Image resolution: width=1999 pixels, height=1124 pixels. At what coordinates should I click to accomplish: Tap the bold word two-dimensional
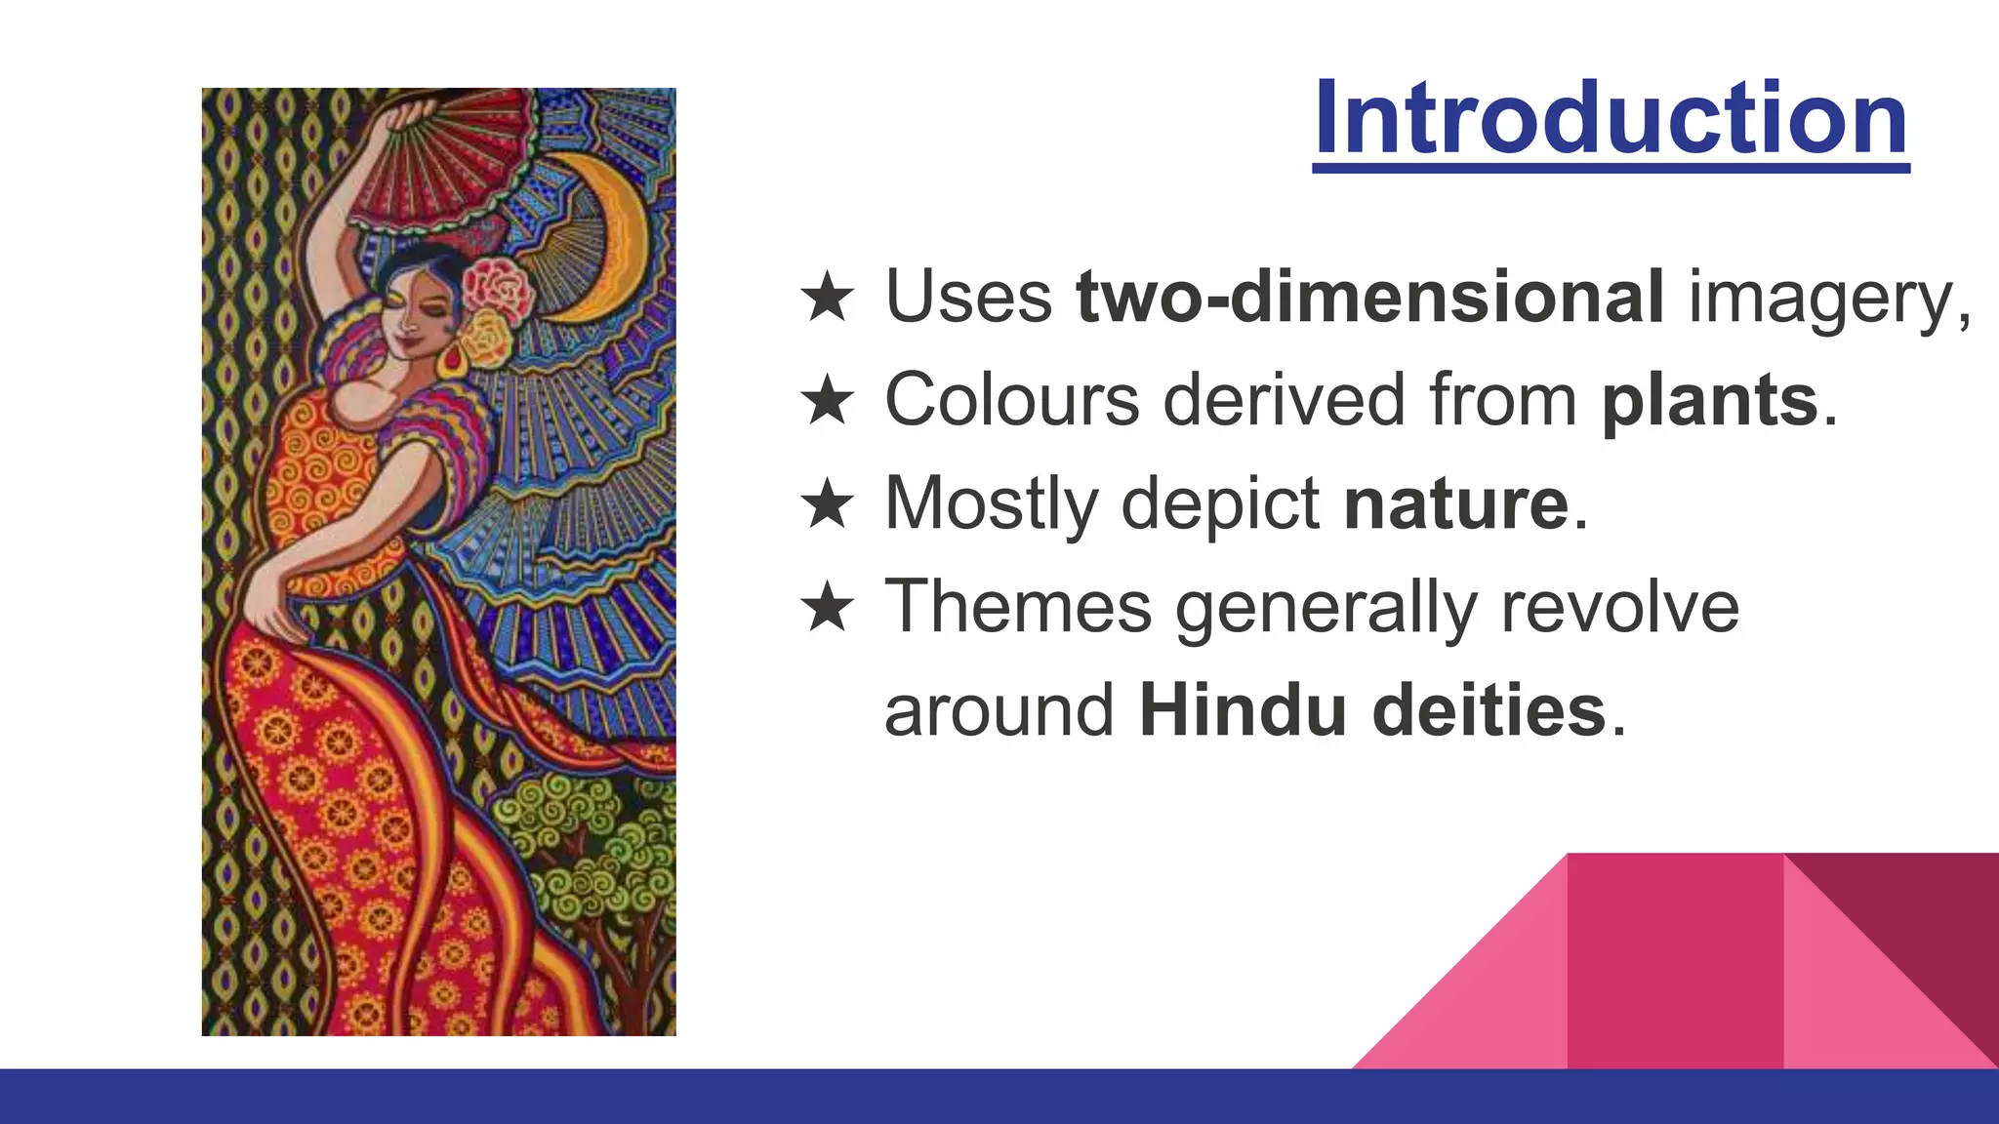coord(1369,296)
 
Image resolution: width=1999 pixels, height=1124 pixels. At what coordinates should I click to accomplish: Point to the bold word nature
coord(1456,502)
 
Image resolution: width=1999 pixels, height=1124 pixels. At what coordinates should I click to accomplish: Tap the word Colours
coord(1011,399)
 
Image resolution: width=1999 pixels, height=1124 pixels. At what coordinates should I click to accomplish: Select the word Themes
coord(1018,606)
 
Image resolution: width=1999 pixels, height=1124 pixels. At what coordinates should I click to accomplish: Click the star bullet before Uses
coord(828,298)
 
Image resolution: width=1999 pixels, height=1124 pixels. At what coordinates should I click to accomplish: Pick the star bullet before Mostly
coord(828,504)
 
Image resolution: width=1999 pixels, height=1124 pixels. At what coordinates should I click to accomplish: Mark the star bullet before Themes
coord(828,608)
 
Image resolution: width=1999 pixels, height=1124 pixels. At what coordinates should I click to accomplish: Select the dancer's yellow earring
coord(455,363)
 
